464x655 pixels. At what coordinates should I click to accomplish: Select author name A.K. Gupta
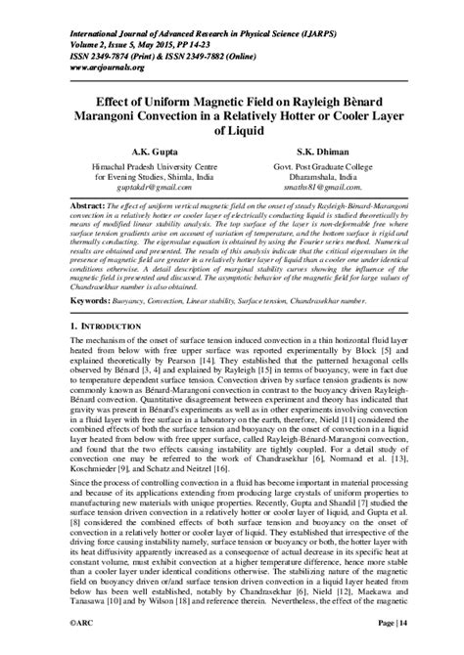(x=145, y=153)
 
